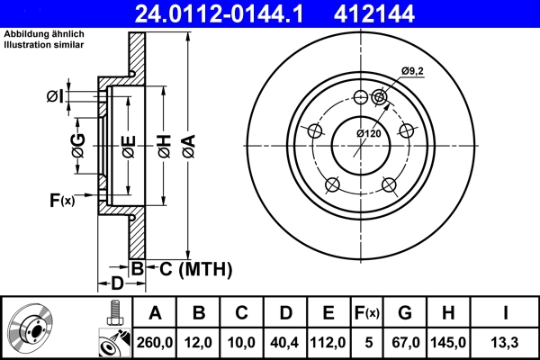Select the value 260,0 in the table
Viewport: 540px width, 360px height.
point(155,342)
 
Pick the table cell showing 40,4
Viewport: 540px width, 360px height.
point(286,342)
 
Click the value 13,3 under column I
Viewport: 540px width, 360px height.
point(505,342)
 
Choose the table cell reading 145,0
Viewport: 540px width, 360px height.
point(448,342)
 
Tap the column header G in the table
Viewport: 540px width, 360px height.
point(404,313)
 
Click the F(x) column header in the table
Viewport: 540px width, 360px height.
point(367,313)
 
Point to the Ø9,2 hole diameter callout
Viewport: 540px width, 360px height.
point(410,72)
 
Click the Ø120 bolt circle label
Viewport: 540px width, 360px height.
point(369,133)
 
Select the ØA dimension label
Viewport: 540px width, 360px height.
point(187,144)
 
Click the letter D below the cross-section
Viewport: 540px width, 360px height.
point(117,283)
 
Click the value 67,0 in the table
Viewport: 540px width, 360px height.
point(404,342)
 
